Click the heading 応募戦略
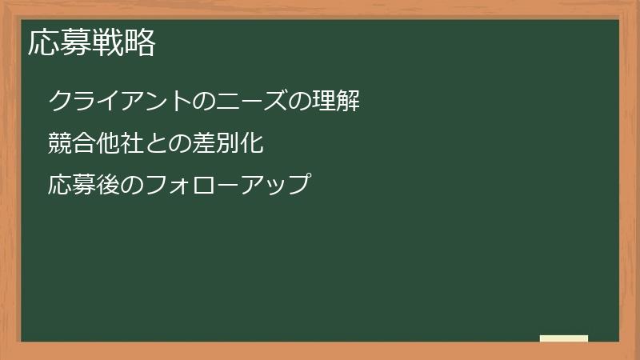click(92, 43)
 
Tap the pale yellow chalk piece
click(564, 338)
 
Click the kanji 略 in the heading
click(139, 43)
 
